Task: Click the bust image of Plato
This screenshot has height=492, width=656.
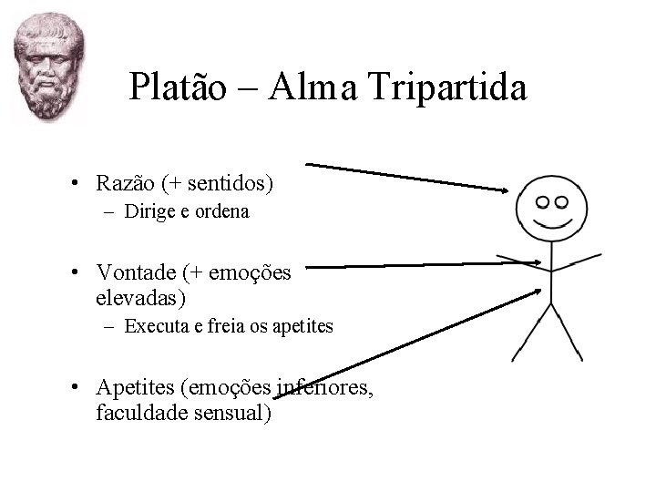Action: point(47,68)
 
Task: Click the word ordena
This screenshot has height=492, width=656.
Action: point(222,213)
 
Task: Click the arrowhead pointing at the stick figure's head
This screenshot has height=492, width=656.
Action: point(504,190)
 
